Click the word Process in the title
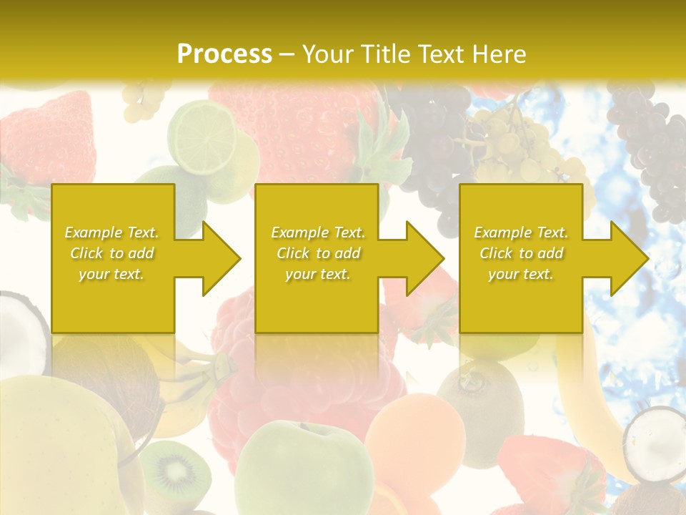pos(224,54)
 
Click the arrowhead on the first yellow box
pos(215,258)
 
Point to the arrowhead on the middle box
pos(419,258)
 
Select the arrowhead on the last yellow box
pos(624,258)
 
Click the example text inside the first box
pos(111,253)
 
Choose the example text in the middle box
pos(317,253)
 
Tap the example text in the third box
pos(521,253)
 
